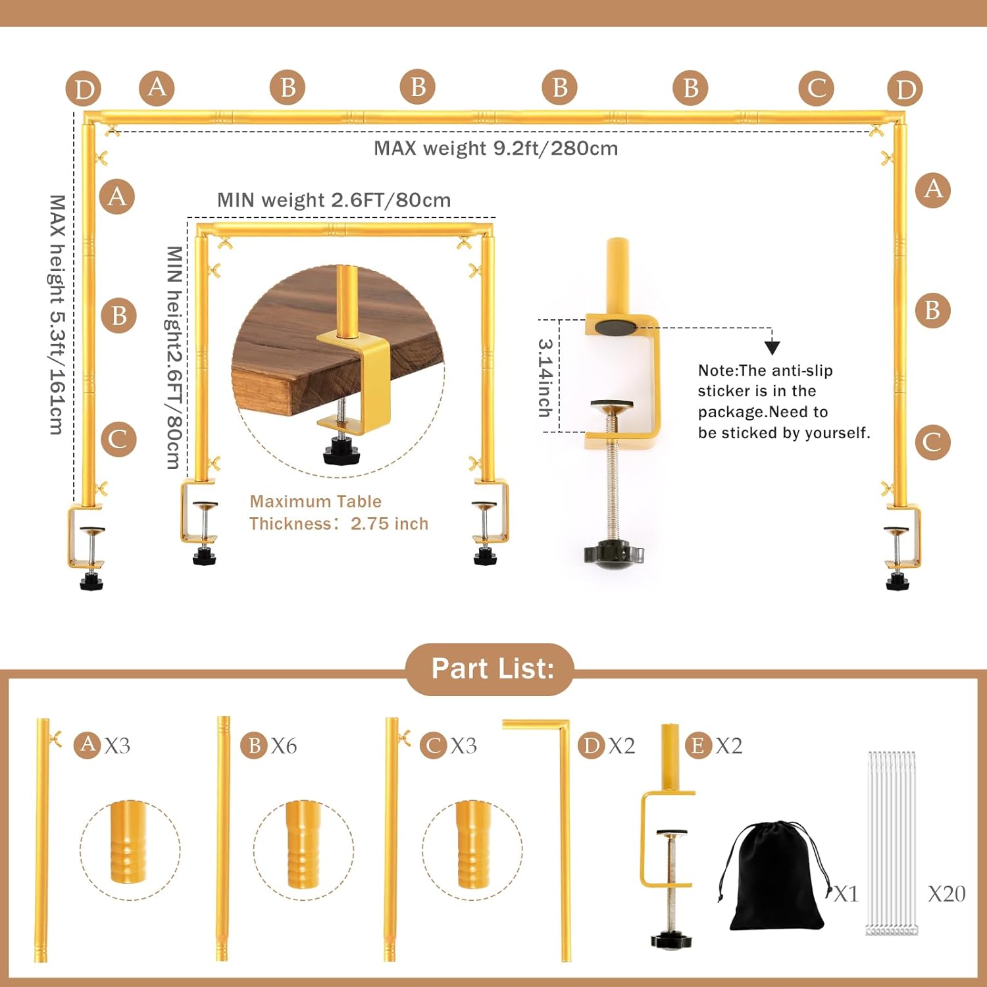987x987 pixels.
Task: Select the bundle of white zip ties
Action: pyautogui.click(x=892, y=843)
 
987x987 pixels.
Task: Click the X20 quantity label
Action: pyautogui.click(x=946, y=894)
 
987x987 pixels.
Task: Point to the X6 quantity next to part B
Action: pyautogui.click(x=284, y=746)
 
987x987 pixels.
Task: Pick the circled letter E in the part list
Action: pyautogui.click(x=698, y=746)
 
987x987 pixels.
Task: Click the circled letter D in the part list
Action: pyautogui.click(x=592, y=746)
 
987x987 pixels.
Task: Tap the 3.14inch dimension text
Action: pyautogui.click(x=545, y=378)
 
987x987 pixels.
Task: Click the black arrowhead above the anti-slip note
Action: pyautogui.click(x=772, y=347)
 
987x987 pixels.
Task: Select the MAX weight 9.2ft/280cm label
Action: pyautogui.click(x=496, y=148)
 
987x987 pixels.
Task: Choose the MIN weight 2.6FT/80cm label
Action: pyautogui.click(x=334, y=200)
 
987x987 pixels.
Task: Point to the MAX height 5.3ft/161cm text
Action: pyautogui.click(x=58, y=315)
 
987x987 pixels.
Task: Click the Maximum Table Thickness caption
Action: pyautogui.click(x=339, y=513)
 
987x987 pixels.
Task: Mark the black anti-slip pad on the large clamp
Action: pyautogui.click(x=616, y=327)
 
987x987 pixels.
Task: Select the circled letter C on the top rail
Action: pyautogui.click(x=817, y=88)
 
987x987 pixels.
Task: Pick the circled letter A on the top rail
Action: pyautogui.click(x=157, y=88)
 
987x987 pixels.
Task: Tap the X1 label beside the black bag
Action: pyautogui.click(x=846, y=894)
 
